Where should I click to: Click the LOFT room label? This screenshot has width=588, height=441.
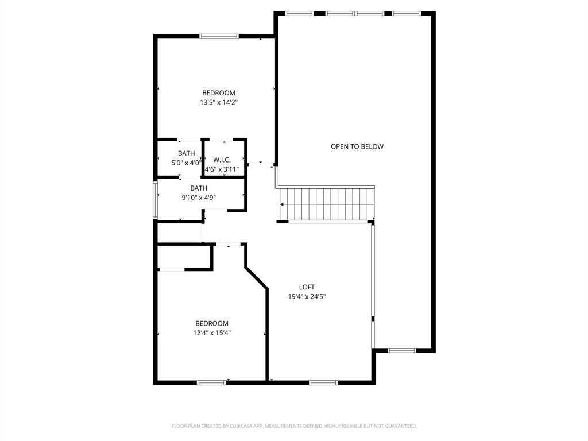tap(307, 287)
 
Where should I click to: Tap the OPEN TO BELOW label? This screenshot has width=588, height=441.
tap(357, 146)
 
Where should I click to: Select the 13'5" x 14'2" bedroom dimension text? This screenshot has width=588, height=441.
tap(219, 103)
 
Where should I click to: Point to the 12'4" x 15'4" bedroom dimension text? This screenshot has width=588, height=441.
tap(212, 332)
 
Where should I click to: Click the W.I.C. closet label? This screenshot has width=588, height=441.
tap(222, 160)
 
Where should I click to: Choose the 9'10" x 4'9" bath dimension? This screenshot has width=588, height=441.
tap(199, 198)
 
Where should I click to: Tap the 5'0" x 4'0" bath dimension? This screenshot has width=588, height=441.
tap(186, 163)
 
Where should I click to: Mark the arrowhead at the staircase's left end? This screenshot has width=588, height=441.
tap(283, 204)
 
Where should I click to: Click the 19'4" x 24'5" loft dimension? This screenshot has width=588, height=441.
tap(307, 297)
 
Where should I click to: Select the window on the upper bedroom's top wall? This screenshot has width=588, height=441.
tap(219, 36)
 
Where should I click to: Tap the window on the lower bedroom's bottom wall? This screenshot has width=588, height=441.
tap(211, 382)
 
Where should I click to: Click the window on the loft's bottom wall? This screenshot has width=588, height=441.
tap(323, 382)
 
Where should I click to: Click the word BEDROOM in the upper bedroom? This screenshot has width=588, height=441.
tap(219, 93)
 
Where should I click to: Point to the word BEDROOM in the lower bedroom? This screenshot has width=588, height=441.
tap(212, 323)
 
